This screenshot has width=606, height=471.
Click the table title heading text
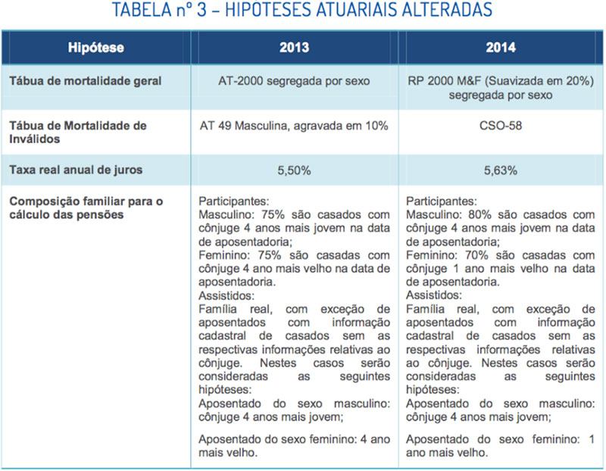point(302,11)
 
